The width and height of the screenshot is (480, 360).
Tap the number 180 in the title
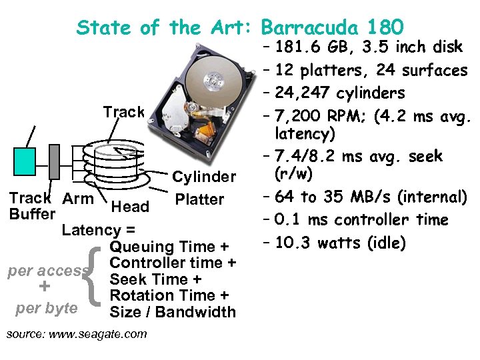click(385, 27)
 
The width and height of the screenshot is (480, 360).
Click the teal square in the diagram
click(25, 161)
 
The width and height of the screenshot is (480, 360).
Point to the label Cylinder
click(204, 177)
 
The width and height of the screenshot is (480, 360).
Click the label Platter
click(199, 199)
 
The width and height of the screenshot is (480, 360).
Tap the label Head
click(131, 207)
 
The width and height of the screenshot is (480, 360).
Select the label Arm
click(78, 198)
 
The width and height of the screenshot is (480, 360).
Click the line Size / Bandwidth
click(173, 312)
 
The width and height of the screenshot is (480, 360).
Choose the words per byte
click(47, 309)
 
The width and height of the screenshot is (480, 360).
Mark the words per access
click(47, 271)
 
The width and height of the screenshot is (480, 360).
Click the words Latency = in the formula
click(99, 230)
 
